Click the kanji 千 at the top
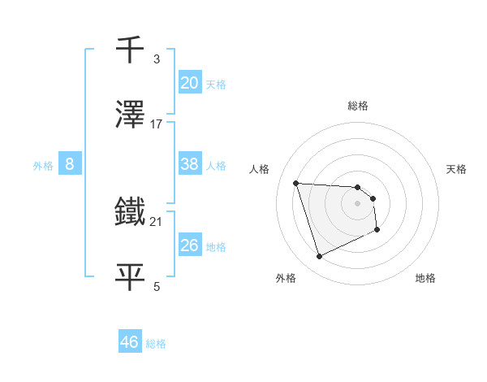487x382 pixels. pos(131,50)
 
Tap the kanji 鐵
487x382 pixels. pos(131,212)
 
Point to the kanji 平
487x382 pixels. pos(131,275)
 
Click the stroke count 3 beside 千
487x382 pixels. pos(157,60)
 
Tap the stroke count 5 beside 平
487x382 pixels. pos(157,286)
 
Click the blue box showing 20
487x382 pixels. pos(190,83)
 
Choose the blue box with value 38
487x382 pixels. pos(190,164)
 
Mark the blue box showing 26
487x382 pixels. pos(190,245)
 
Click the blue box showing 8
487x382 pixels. pos(70,164)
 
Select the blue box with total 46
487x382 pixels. pos(130,342)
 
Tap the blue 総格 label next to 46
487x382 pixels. pos(156,344)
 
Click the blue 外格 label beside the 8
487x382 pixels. pos(43,166)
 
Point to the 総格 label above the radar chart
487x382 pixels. pos(358,106)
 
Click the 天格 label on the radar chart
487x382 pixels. pos(457,169)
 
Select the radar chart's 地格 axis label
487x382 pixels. pos(425,279)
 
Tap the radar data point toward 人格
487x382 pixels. pos(296,183)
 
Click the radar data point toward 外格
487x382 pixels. pos(319,257)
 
